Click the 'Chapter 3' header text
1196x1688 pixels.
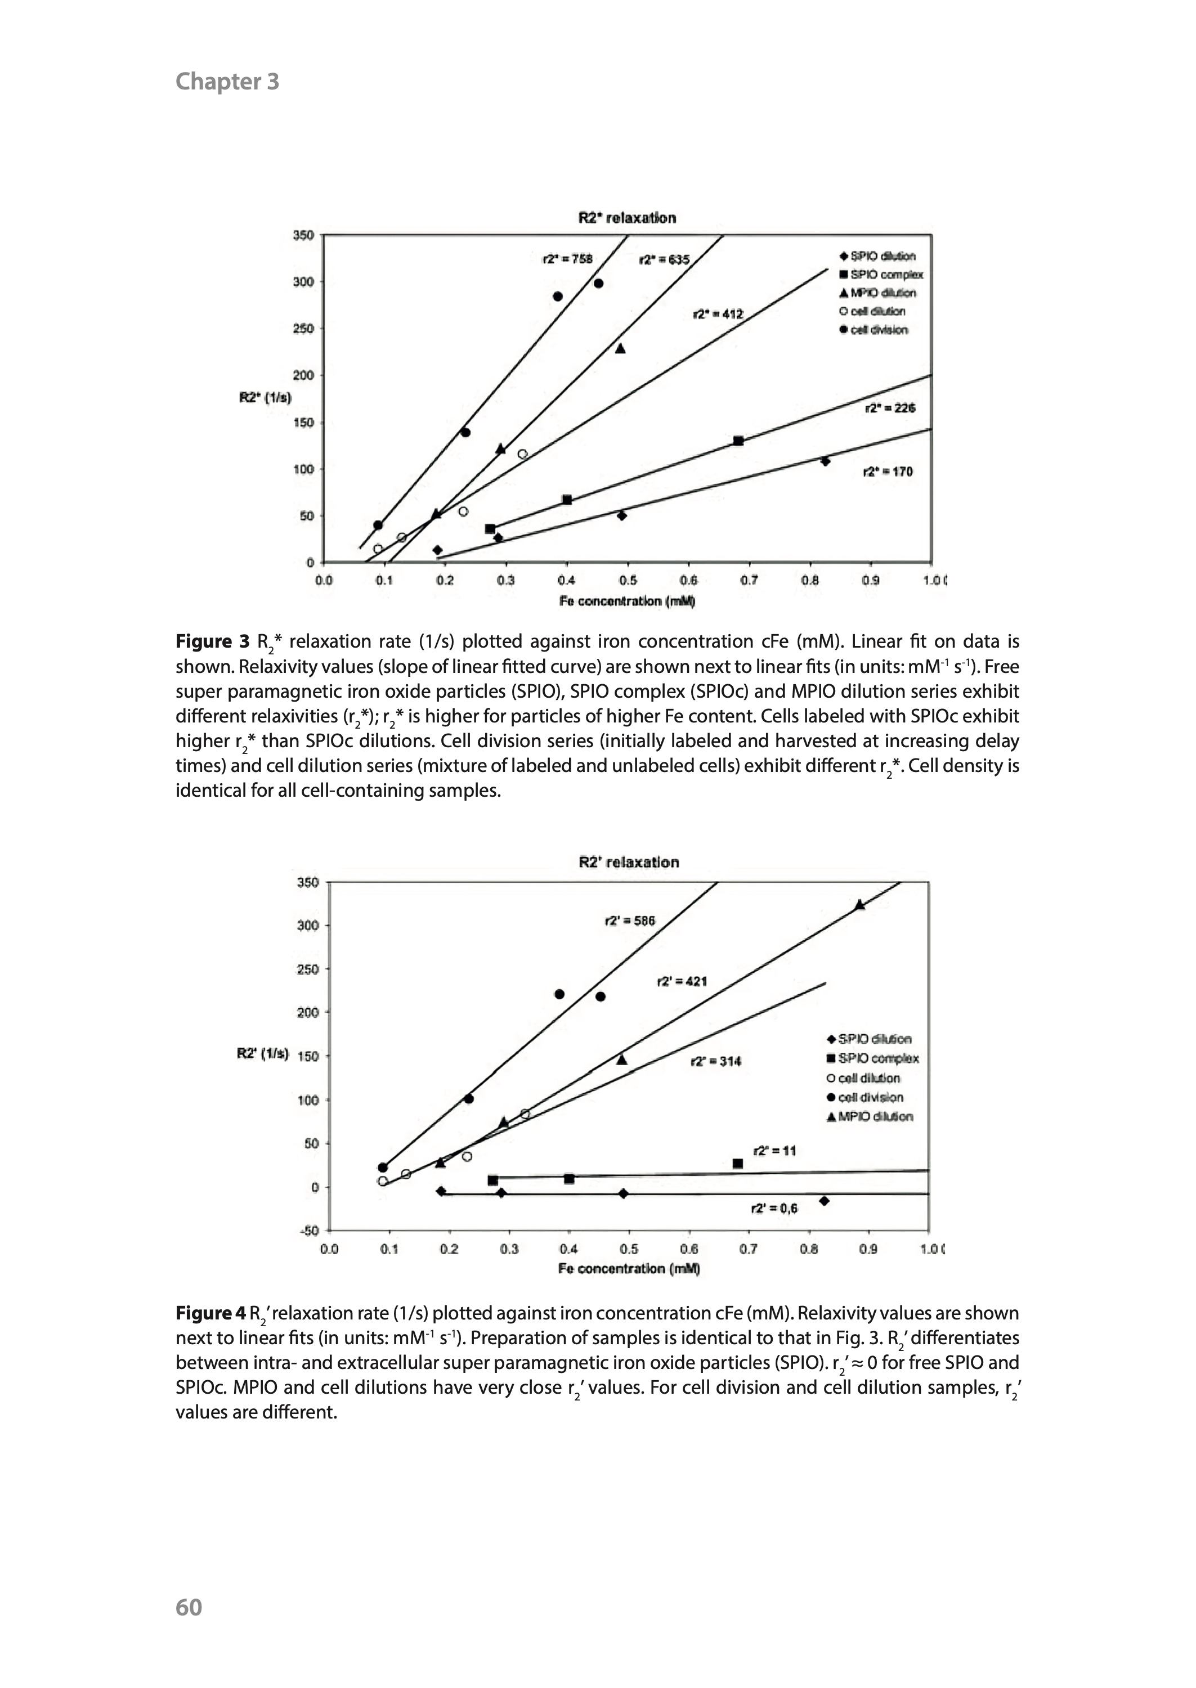pos(227,81)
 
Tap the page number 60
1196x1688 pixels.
pos(189,1606)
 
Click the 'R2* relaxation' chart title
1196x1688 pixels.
pos(627,218)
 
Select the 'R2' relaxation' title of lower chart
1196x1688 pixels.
pos(629,862)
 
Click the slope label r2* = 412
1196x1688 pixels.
pos(718,315)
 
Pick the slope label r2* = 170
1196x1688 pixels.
pos(888,472)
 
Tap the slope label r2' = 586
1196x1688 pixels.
pos(630,921)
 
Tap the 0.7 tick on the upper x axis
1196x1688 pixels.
pos(749,580)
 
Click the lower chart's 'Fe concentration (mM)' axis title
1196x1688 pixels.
pos(629,1268)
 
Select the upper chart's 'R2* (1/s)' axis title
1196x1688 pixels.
pos(265,398)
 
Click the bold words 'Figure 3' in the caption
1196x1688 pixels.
pos(213,641)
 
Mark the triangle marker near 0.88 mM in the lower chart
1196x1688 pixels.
pos(859,905)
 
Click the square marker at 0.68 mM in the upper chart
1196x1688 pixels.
pos(738,441)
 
